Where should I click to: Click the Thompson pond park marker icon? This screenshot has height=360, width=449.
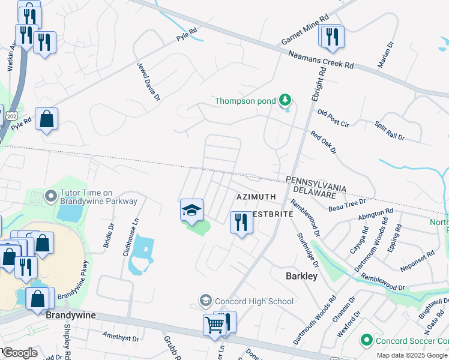pyautogui.click(x=286, y=100)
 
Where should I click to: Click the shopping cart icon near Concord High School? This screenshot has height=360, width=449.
pyautogui.click(x=214, y=325)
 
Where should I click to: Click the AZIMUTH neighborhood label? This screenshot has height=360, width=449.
pyautogui.click(x=256, y=197)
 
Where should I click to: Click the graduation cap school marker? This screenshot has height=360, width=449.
pyautogui.click(x=191, y=210)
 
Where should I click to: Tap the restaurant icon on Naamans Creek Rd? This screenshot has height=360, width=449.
pyautogui.click(x=330, y=37)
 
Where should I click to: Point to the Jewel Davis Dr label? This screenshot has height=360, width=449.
pyautogui.click(x=148, y=82)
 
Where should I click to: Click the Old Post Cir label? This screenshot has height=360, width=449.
pyautogui.click(x=333, y=118)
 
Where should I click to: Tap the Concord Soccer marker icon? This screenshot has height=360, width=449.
pyautogui.click(x=367, y=341)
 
